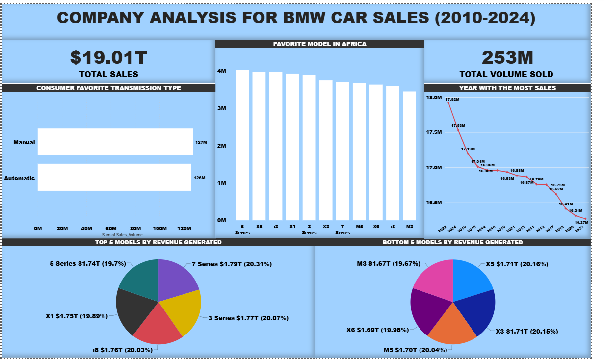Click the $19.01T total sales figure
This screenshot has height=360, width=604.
(108, 57)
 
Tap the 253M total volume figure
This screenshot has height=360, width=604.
(507, 57)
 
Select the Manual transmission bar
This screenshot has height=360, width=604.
(115, 142)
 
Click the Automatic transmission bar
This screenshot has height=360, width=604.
(114, 177)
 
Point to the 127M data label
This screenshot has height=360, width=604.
(201, 142)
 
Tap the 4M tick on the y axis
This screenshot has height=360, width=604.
(222, 71)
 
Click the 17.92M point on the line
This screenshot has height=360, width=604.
(448, 103)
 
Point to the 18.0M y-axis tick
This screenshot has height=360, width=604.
(434, 98)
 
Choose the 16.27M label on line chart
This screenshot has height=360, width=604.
(581, 222)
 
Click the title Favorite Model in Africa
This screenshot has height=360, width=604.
(319, 44)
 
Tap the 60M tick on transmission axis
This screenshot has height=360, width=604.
(111, 229)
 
